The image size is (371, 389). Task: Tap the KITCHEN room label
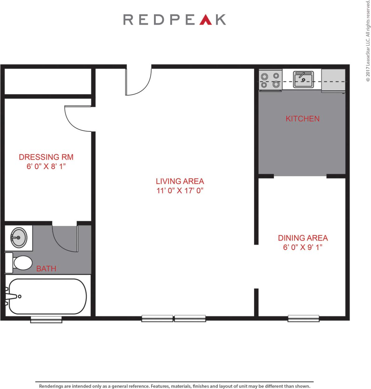tap(302, 119)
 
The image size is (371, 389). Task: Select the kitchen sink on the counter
tap(303, 79)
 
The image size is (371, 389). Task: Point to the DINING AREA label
tap(303, 238)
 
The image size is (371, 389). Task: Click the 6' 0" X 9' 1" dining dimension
tap(302, 248)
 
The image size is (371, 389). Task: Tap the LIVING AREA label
tap(180, 181)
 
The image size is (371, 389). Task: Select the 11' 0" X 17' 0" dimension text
tap(180, 191)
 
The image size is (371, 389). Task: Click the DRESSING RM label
tap(46, 157)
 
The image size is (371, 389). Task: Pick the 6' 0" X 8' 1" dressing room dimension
tap(46, 167)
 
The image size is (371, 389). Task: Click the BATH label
tap(46, 268)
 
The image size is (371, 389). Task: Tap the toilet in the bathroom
tap(19, 263)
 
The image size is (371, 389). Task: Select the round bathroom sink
tap(18, 238)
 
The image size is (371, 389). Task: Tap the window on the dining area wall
tap(303, 318)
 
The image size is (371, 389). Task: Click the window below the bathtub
tap(46, 319)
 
